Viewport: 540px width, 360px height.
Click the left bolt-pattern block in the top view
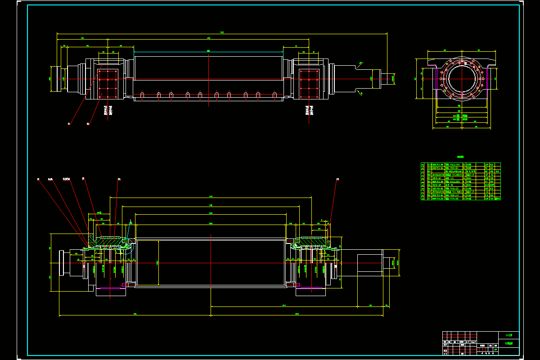pyautogui.click(x=108, y=84)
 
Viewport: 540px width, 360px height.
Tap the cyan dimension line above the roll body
pyautogui.click(x=208, y=52)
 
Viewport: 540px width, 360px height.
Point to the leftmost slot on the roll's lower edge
pyautogui.click(x=142, y=95)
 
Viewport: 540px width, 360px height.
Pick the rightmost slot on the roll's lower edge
pyautogui.click(x=275, y=95)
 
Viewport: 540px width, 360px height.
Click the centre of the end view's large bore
pyautogui.click(x=462, y=79)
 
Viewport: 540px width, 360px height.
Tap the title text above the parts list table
pyautogui.click(x=460, y=157)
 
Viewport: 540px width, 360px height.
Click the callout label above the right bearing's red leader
pyautogui.click(x=338, y=180)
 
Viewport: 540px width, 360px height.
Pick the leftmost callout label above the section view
pyautogui.click(x=38, y=180)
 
